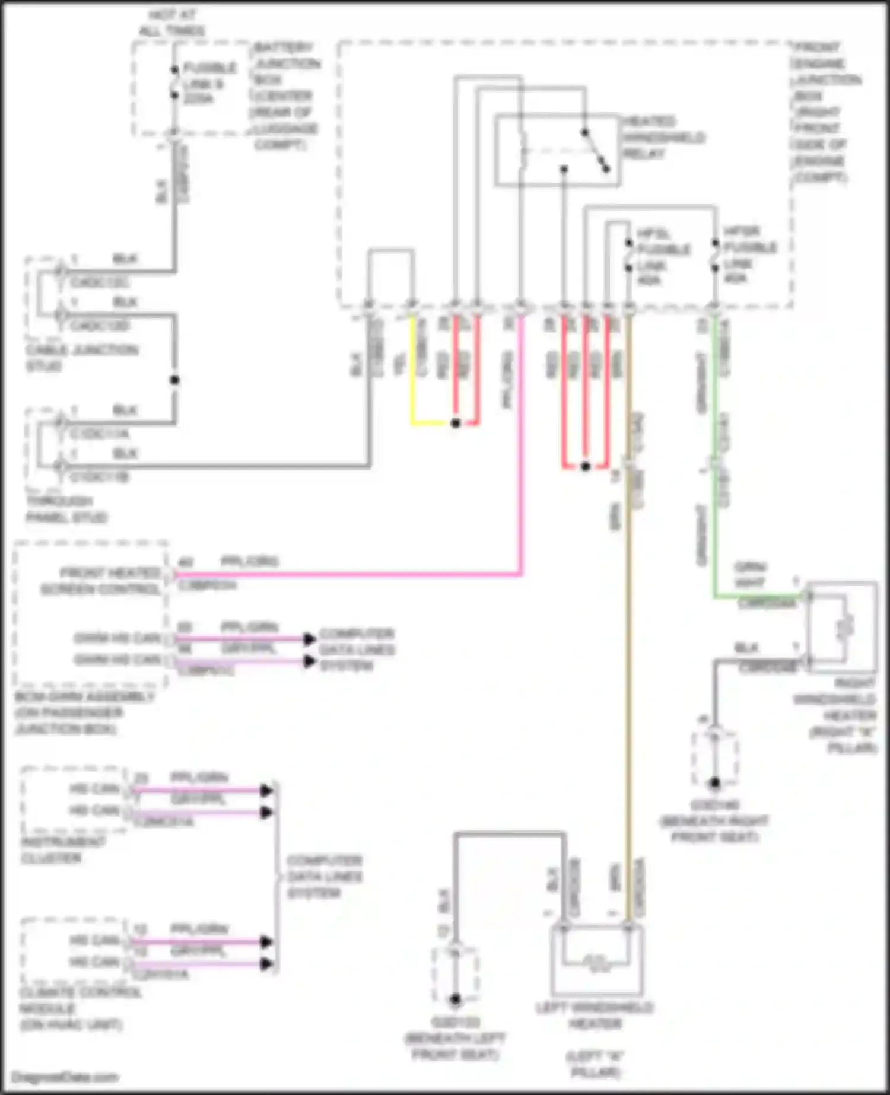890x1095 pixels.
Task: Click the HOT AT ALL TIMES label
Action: click(x=171, y=23)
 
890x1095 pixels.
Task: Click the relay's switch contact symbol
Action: click(x=596, y=151)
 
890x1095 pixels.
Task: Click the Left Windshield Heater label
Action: click(x=595, y=1016)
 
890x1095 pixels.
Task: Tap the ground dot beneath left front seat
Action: click(x=455, y=1000)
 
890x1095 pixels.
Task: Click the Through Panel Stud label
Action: click(x=65, y=509)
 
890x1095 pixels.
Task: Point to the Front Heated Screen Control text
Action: click(x=101, y=581)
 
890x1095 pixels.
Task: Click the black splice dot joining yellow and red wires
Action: click(x=455, y=423)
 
